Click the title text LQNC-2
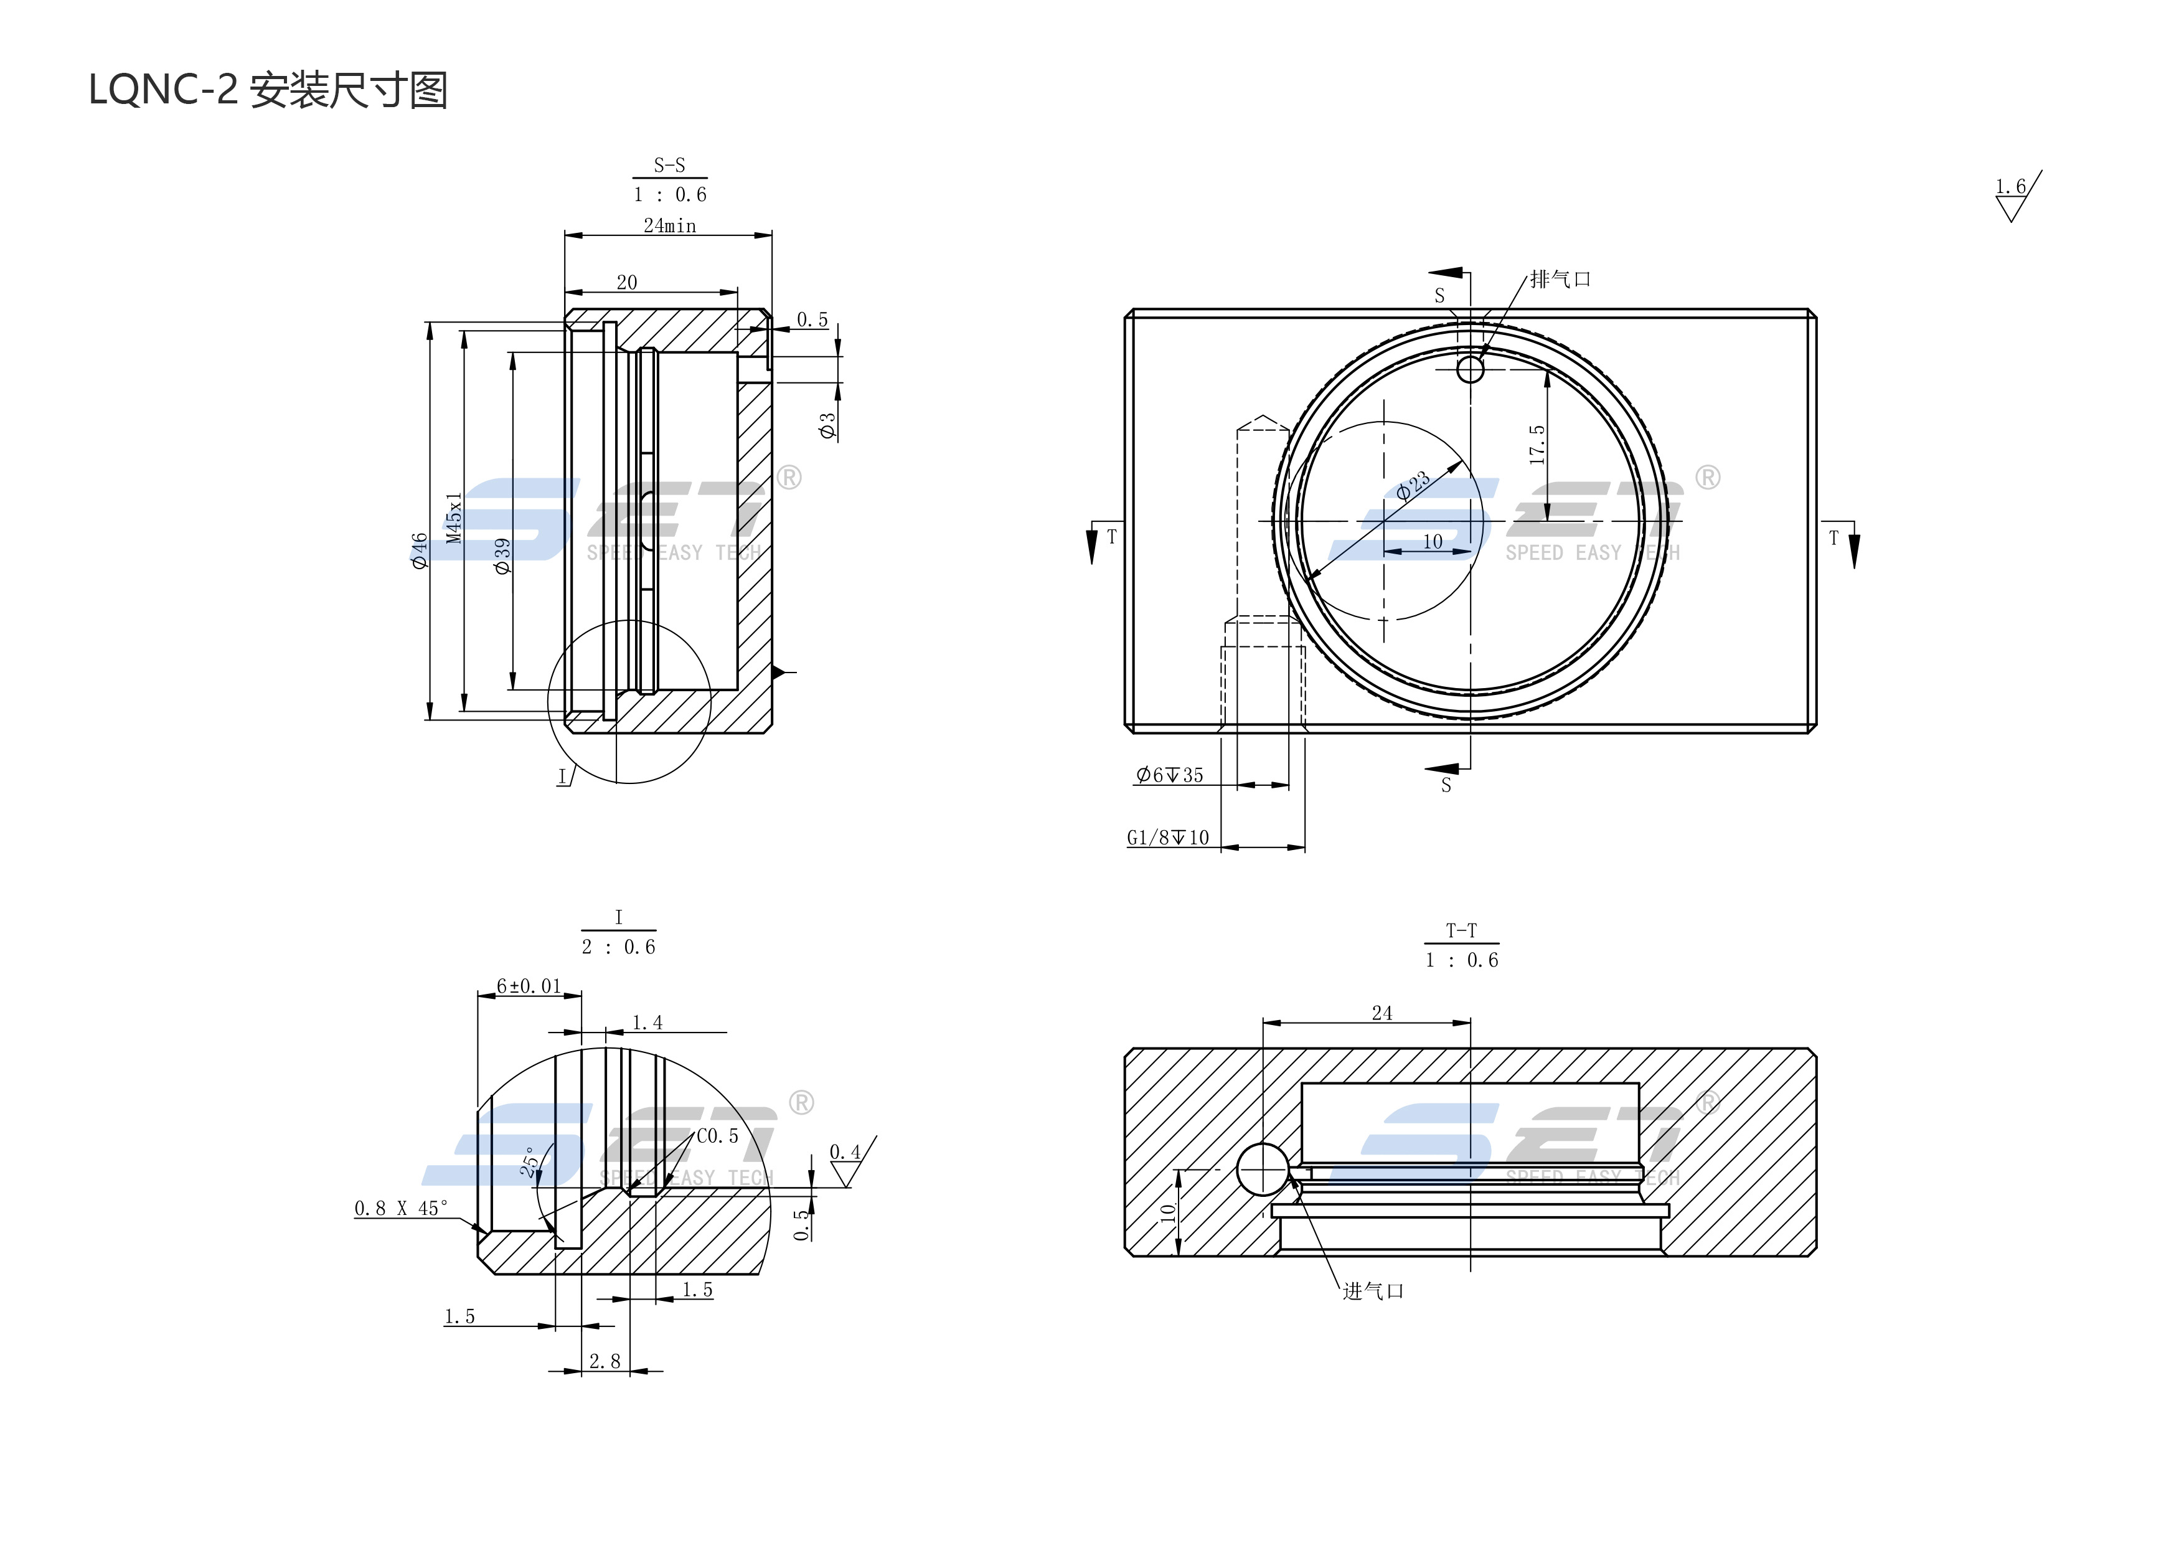tap(162, 92)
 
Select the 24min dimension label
tap(670, 225)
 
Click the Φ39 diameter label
tap(502, 555)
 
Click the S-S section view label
tap(670, 166)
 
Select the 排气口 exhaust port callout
tap(1560, 280)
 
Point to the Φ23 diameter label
tap(1413, 485)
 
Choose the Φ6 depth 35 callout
tap(1170, 775)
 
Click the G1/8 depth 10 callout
tap(1168, 837)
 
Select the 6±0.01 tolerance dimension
tap(529, 986)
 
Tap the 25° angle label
tap(530, 1161)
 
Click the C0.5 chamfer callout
tap(717, 1136)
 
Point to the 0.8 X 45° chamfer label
tap(400, 1208)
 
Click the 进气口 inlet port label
tap(1373, 1291)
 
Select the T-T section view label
tap(1461, 930)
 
